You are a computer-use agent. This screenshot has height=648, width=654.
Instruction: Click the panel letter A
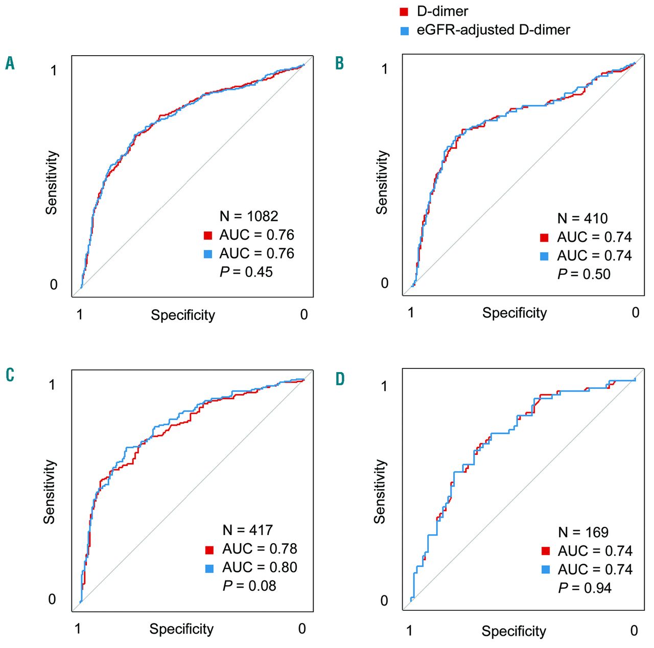click(x=10, y=63)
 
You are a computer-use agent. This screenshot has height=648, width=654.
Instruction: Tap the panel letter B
click(x=339, y=63)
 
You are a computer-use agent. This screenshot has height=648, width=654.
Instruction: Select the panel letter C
click(x=10, y=375)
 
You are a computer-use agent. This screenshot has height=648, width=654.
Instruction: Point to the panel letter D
click(x=340, y=379)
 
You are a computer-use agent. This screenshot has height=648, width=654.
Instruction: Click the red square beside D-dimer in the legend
click(x=404, y=12)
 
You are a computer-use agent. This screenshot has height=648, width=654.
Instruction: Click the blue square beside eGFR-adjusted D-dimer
click(x=405, y=31)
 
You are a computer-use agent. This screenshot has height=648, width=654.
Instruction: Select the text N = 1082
click(x=249, y=216)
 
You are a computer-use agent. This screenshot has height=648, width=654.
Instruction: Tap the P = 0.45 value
click(x=246, y=272)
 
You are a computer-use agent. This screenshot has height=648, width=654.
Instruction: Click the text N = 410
click(x=582, y=219)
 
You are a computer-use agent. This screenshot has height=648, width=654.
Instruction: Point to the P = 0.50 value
click(x=584, y=274)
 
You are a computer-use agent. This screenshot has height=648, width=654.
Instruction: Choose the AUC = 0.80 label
click(x=260, y=567)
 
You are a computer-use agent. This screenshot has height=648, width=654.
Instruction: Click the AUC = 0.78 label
click(x=260, y=549)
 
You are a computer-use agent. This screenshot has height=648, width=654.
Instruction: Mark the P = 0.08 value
click(x=249, y=586)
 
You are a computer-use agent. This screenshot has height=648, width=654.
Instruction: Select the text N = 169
click(x=583, y=533)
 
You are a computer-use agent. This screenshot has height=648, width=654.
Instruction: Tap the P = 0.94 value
click(x=585, y=588)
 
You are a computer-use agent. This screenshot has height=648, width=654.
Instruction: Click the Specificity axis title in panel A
click(x=183, y=315)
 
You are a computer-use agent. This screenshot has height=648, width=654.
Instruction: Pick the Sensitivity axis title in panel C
click(x=49, y=492)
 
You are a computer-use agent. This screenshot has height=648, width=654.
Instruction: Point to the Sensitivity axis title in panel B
click(x=382, y=182)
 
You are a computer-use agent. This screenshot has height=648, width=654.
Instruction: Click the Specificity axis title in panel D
click(x=513, y=632)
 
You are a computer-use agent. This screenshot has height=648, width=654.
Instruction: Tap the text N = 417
click(x=248, y=530)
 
